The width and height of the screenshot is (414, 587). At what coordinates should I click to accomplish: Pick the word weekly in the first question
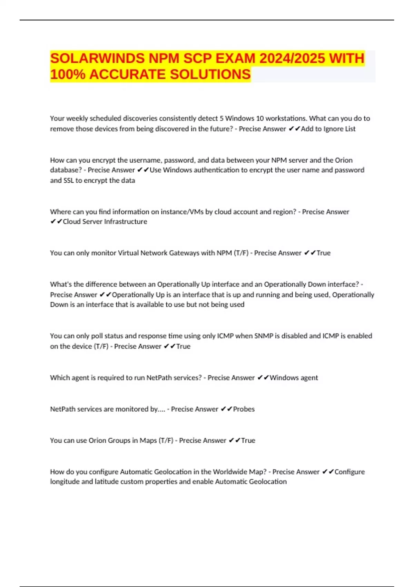coord(77,118)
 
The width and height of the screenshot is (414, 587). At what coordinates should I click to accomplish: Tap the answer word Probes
coord(244,409)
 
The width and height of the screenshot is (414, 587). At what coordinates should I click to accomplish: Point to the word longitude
coord(65,482)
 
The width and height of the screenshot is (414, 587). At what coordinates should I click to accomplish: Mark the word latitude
coord(106,482)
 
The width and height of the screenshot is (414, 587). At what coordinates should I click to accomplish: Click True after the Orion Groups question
coord(248,441)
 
